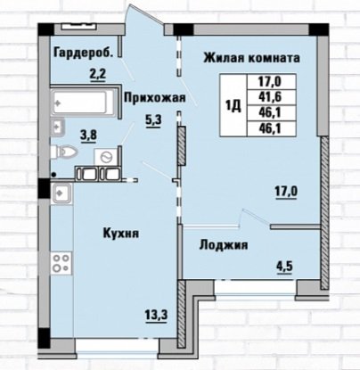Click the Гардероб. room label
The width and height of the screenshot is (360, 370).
coord(84,53)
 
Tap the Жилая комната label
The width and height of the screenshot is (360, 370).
coord(251,58)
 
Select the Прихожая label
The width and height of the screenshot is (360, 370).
coord(155,97)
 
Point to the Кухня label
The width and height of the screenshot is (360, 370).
coord(121,233)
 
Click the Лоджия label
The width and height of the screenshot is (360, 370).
coord(224,245)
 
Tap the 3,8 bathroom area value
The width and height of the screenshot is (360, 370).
coord(89,136)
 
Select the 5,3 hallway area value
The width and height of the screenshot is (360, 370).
coord(153,121)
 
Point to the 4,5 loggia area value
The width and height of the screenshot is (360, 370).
coord(284,267)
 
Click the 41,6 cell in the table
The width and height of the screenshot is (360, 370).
coord(272,97)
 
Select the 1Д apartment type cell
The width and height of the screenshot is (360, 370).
coord(233,105)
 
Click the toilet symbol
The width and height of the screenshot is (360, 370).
coord(64,152)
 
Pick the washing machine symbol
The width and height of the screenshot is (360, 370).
coord(106,156)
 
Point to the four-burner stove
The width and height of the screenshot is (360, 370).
coord(61,263)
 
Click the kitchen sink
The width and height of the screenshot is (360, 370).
coord(61,193)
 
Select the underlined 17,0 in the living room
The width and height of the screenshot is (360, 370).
coord(286,192)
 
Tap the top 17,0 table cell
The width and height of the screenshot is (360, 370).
coord(272,81)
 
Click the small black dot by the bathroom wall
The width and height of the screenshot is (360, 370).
coord(53,175)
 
